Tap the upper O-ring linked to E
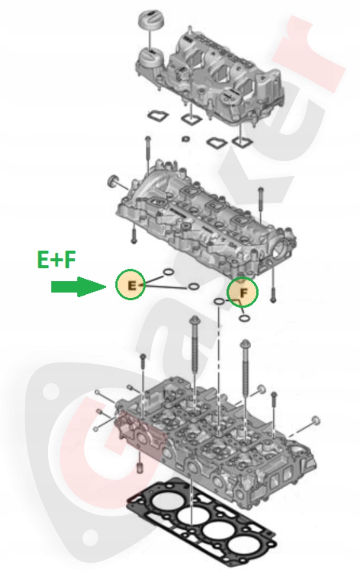[x=169, y=272]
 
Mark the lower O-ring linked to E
[x=194, y=287]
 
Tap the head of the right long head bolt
[x=244, y=344]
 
